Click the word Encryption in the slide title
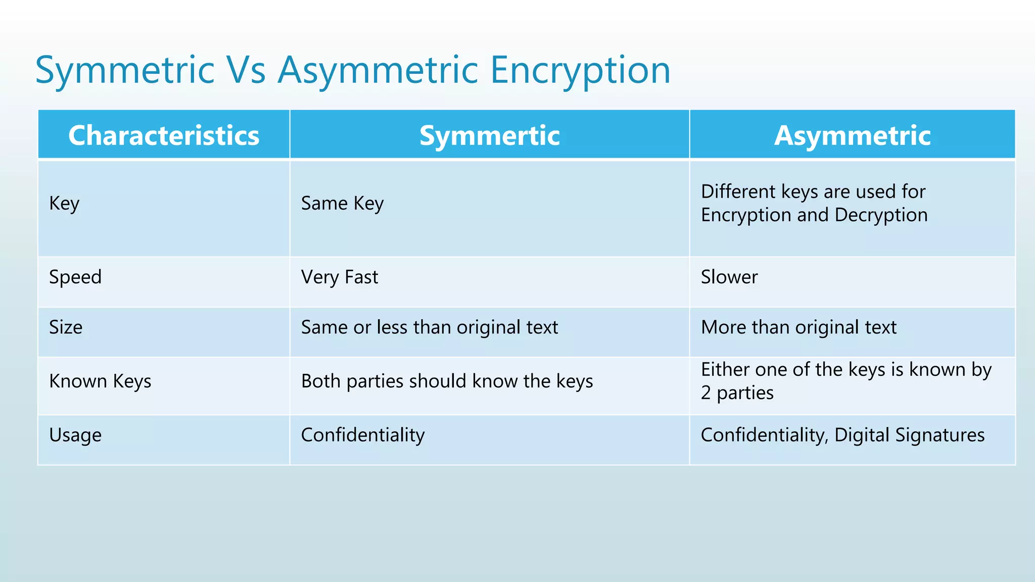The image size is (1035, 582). (x=580, y=71)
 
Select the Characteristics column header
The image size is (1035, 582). (x=164, y=135)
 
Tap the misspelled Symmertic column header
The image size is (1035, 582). (x=489, y=135)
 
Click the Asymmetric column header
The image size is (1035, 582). (x=852, y=135)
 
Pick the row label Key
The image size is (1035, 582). (x=64, y=204)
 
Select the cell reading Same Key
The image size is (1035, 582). (x=342, y=204)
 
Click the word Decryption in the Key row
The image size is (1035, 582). (x=881, y=215)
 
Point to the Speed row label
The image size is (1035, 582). (x=75, y=277)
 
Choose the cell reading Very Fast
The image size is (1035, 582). (x=339, y=277)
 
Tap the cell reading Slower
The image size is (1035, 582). (x=729, y=277)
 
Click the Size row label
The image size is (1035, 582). (x=66, y=327)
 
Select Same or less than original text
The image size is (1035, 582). (x=429, y=327)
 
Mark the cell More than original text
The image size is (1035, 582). (x=798, y=327)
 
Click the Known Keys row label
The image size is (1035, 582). (x=100, y=381)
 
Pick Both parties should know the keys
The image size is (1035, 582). (x=447, y=381)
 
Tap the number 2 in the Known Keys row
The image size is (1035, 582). (x=705, y=393)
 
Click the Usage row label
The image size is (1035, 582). (x=75, y=435)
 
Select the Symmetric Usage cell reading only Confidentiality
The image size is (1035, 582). (x=362, y=435)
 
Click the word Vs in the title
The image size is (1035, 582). (x=246, y=71)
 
